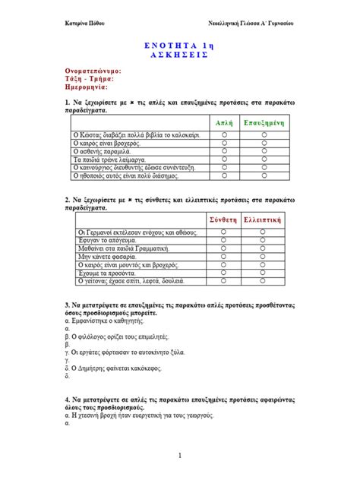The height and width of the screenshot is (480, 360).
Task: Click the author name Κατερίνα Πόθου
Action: (84, 24)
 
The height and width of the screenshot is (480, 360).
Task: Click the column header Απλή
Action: (224, 122)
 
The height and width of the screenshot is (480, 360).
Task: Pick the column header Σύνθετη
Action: (224, 219)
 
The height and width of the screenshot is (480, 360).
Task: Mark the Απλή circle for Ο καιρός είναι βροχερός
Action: (224, 142)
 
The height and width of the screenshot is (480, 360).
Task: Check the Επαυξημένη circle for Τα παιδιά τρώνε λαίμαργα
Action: (264, 159)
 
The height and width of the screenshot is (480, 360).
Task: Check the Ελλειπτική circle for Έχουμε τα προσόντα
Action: (264, 272)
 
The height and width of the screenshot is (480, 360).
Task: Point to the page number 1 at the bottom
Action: (180, 456)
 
